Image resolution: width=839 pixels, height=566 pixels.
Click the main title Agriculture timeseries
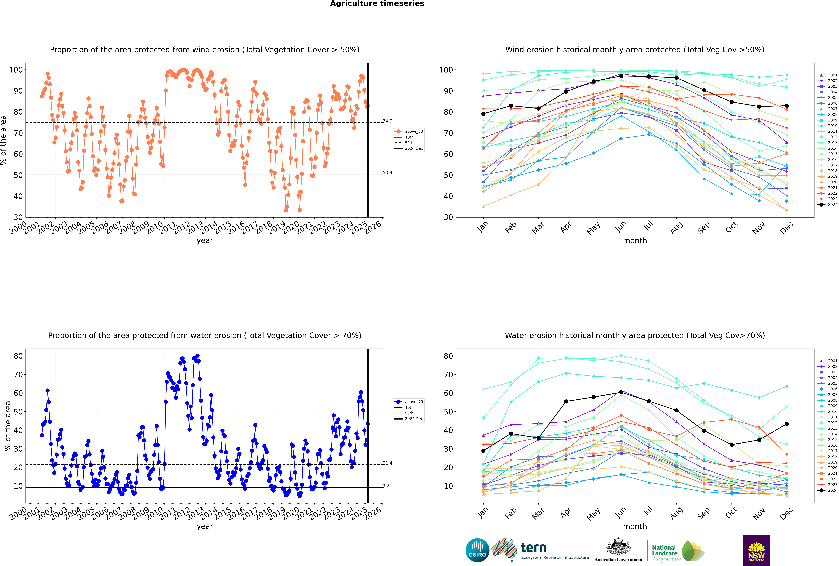pyautogui.click(x=377, y=4)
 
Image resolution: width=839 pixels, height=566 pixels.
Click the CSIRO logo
pyautogui.click(x=477, y=550)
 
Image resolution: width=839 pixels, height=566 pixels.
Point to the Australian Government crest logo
pyautogui.click(x=618, y=550)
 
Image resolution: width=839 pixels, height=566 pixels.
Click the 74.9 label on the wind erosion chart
pyautogui.click(x=387, y=121)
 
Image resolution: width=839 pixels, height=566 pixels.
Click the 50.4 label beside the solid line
pyautogui.click(x=387, y=173)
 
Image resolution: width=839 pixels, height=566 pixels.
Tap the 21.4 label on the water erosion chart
pyautogui.click(x=387, y=463)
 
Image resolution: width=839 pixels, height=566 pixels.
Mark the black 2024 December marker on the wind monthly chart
pyautogui.click(x=787, y=106)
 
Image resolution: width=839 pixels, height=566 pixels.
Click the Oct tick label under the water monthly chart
pyautogui.click(x=731, y=513)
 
